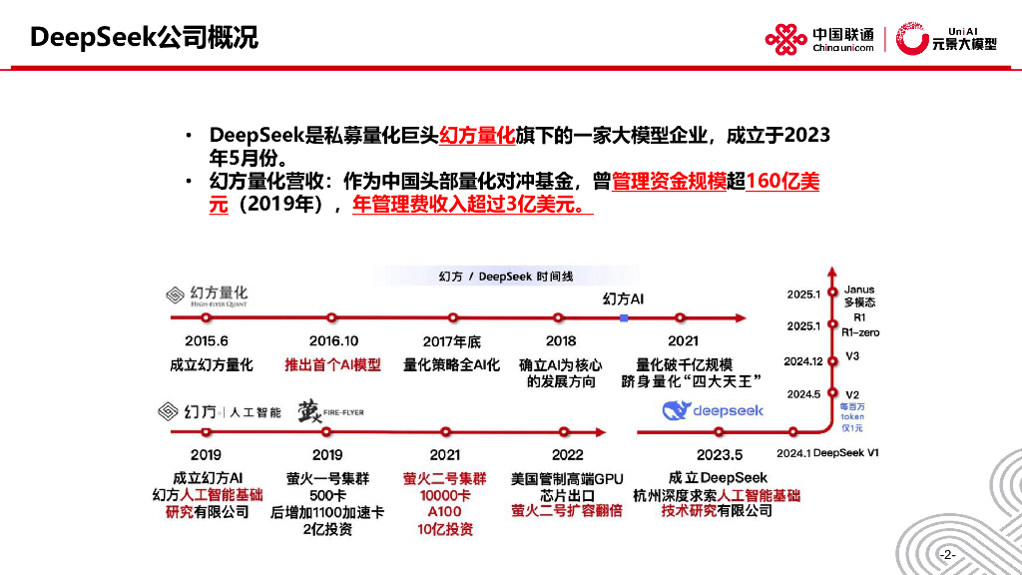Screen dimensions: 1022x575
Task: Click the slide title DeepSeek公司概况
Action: pyautogui.click(x=145, y=38)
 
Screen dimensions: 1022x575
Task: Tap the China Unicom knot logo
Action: pyautogui.click(x=785, y=38)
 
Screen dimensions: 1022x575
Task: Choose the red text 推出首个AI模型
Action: pyautogui.click(x=332, y=364)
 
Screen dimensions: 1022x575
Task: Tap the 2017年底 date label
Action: pyautogui.click(x=451, y=340)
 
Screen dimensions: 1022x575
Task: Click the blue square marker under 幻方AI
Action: pyautogui.click(x=623, y=317)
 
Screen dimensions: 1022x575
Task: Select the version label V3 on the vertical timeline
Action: pyautogui.click(x=852, y=357)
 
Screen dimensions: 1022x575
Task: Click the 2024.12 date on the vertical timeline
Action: pyautogui.click(x=802, y=361)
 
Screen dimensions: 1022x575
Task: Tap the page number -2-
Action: pyautogui.click(x=947, y=554)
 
